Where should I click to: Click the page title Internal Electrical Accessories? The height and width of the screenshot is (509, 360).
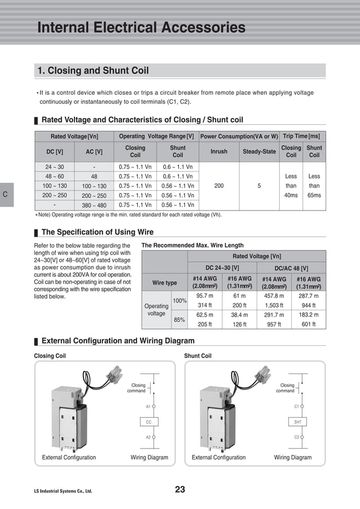[x=141, y=28]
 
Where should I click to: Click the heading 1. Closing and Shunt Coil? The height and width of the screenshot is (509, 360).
[x=93, y=71]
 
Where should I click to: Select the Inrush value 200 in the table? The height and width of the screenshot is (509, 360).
[x=219, y=186]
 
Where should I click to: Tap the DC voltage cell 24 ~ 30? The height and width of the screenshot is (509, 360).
[x=54, y=167]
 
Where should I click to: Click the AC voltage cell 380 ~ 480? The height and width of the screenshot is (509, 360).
[x=94, y=205]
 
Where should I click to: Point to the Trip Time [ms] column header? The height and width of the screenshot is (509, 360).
[x=301, y=136]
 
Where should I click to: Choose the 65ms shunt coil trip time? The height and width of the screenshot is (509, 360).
[x=314, y=195]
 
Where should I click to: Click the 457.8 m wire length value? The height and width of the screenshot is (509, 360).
[x=274, y=296]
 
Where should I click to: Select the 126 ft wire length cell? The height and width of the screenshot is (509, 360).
[x=239, y=324]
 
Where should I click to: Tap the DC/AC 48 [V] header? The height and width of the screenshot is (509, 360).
[x=291, y=268]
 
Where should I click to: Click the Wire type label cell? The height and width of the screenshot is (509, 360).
[x=164, y=283]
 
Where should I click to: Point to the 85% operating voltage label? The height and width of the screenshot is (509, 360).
[x=179, y=319]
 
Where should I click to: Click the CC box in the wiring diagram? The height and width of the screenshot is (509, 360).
[x=149, y=422]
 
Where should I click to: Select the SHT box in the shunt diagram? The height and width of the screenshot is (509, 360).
[x=298, y=422]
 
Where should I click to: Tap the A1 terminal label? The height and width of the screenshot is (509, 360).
[x=148, y=406]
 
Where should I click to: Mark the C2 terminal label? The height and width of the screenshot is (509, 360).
[x=297, y=437]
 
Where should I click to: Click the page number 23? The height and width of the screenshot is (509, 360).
[x=180, y=489]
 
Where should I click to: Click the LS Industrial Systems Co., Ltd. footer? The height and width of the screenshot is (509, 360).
[x=63, y=491]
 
